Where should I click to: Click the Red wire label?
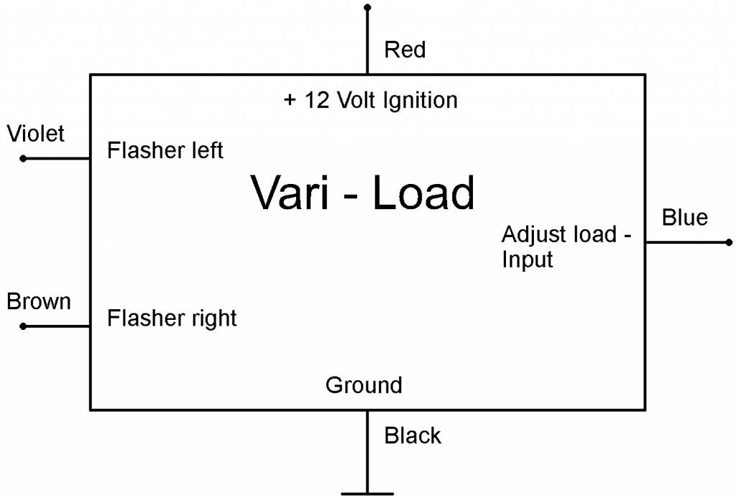pos(405,50)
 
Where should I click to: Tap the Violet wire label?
pos(35,133)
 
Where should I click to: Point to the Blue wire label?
pos(684,217)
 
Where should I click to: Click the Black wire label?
pos(413,435)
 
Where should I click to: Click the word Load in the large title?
pos(423,193)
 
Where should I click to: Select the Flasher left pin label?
pos(165,150)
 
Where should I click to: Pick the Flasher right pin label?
pos(172,318)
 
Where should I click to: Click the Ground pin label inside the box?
pos(364,385)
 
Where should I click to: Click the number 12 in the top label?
pos(317,100)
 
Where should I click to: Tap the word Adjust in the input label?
pos(530,235)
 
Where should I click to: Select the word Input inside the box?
pos(528,259)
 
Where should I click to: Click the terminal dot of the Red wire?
pos(368,7)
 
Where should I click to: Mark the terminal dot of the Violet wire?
pos(23,158)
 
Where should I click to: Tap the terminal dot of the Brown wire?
pos(23,326)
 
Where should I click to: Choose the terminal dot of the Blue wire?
pos(729,242)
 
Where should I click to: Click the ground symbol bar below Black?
pos(367,493)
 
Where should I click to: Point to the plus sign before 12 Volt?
pos(290,100)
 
